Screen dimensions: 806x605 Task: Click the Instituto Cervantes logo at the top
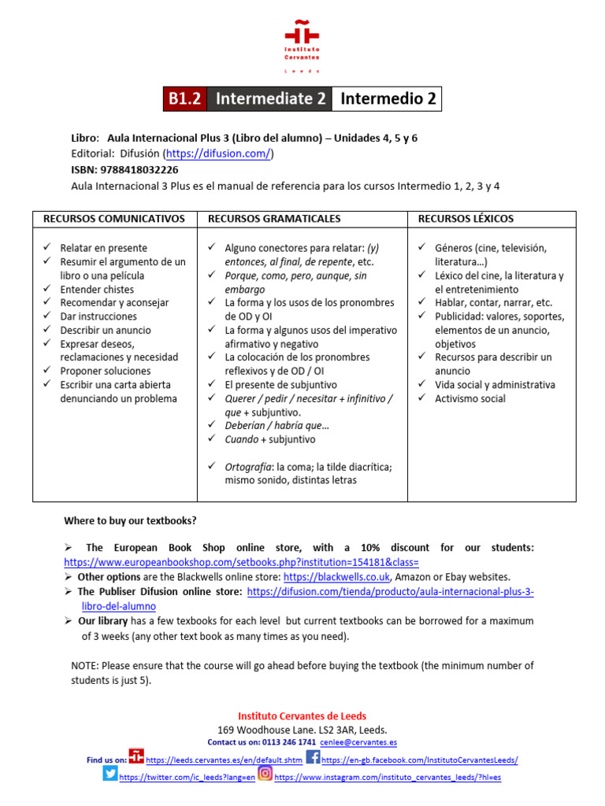pyautogui.click(x=302, y=46)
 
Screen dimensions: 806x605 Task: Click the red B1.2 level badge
pyautogui.click(x=184, y=99)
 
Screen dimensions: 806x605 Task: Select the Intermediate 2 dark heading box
pyautogui.click(x=269, y=99)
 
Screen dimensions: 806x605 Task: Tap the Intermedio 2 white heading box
pyautogui.click(x=387, y=99)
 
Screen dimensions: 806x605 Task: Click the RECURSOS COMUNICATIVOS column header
pyautogui.click(x=114, y=218)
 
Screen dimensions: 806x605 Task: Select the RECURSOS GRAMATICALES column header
pyautogui.click(x=274, y=218)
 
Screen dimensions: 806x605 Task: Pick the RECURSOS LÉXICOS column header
pyautogui.click(x=466, y=218)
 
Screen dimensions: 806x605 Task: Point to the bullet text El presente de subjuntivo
pyautogui.click(x=280, y=385)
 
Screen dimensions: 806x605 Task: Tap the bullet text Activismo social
pyautogui.click(x=470, y=398)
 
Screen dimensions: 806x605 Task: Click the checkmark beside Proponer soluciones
pyautogui.click(x=47, y=371)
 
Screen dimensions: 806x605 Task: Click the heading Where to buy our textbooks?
pyautogui.click(x=131, y=521)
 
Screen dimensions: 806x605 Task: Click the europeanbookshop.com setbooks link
pyautogui.click(x=241, y=563)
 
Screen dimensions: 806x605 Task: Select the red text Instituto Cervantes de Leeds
pyautogui.click(x=302, y=715)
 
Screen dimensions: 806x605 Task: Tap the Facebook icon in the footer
pyautogui.click(x=313, y=758)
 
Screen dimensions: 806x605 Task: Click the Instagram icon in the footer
pyautogui.click(x=265, y=774)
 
